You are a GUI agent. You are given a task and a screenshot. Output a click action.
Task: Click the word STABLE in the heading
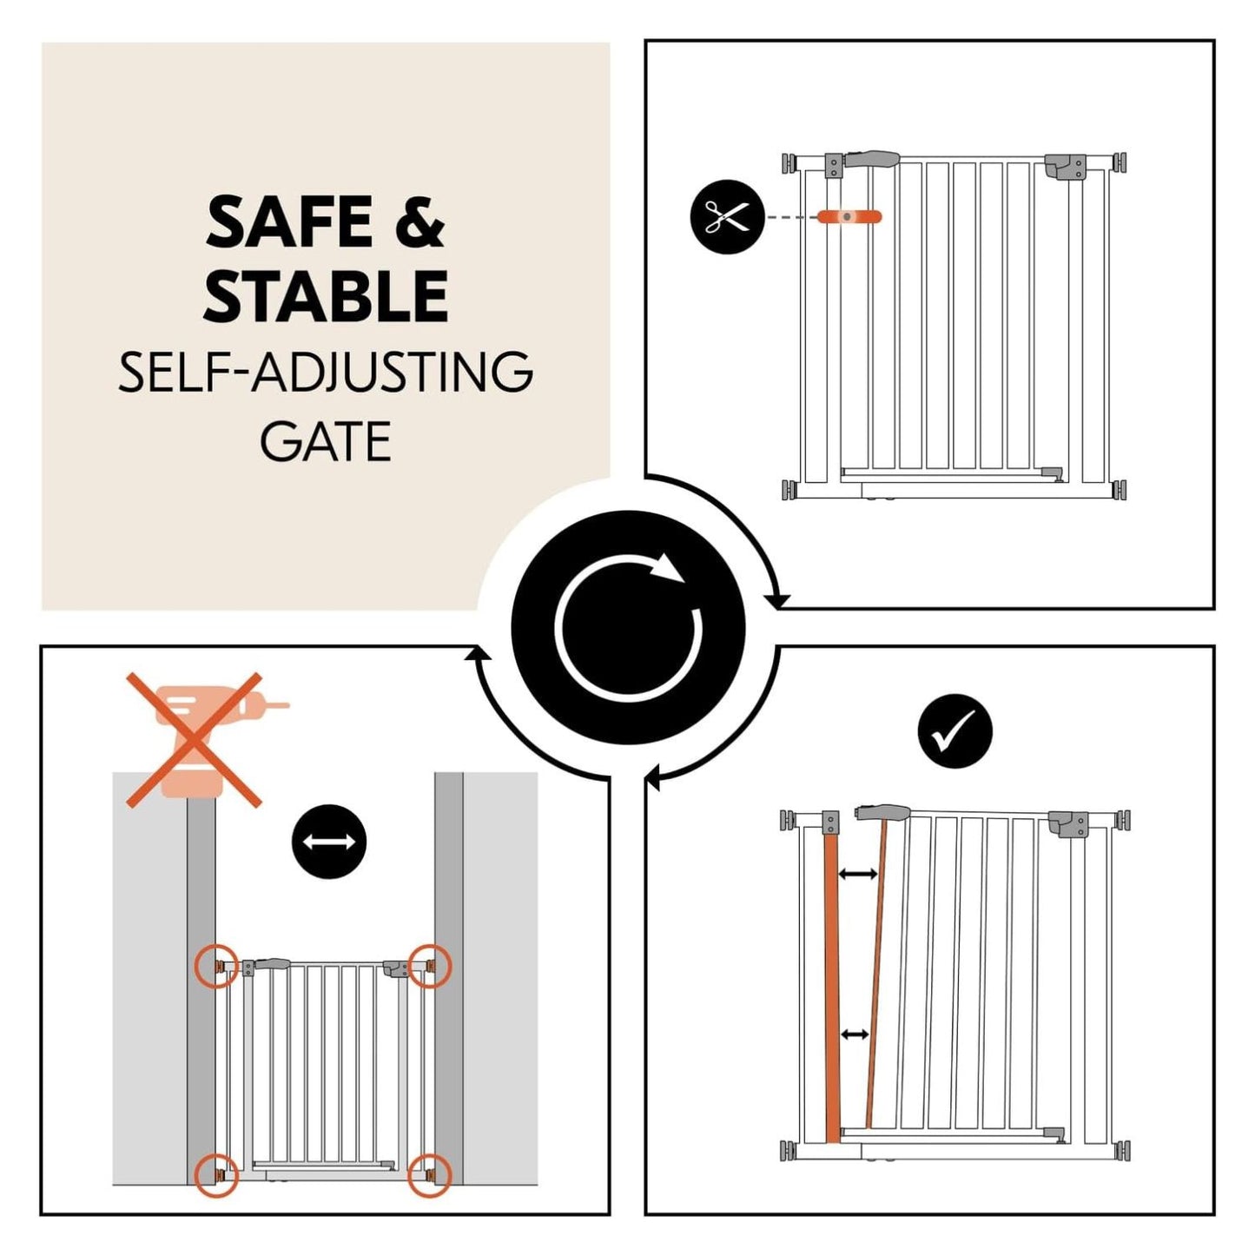pos(326,296)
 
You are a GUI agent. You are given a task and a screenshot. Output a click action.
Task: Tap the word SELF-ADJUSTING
pos(326,373)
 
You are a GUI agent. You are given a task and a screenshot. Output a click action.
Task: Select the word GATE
pos(326,441)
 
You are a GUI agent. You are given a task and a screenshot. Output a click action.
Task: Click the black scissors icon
pos(726,216)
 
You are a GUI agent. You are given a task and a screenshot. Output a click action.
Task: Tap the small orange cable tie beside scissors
pos(849,216)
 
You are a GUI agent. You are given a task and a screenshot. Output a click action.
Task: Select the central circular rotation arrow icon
pos(628,628)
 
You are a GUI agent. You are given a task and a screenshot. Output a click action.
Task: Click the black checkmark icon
pos(954,730)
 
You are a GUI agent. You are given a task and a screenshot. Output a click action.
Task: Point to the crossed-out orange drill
pos(195,738)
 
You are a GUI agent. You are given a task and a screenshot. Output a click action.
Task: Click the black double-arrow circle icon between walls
pos(328,842)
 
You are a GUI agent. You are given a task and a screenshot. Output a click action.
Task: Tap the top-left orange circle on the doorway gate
pos(215,966)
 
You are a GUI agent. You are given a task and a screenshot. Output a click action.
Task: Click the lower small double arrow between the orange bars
pos(855,1034)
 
